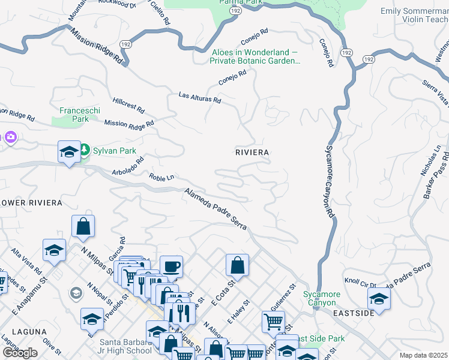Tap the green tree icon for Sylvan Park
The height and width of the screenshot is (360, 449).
pyautogui.click(x=85, y=149)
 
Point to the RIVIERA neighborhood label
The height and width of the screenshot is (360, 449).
pyautogui.click(x=252, y=152)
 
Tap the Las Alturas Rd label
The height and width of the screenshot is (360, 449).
pyautogui.click(x=200, y=97)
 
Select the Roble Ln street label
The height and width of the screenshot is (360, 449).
pyautogui.click(x=161, y=178)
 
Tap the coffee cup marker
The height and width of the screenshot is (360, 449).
pyautogui.click(x=171, y=266)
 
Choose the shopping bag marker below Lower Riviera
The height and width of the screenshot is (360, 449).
pyautogui.click(x=83, y=226)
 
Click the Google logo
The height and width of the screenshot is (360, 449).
pyautogui.click(x=20, y=352)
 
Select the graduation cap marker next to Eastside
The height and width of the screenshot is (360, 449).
pyautogui.click(x=379, y=298)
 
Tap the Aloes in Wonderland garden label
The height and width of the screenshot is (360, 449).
pyautogui.click(x=255, y=56)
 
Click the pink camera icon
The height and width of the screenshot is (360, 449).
pyautogui.click(x=10, y=138)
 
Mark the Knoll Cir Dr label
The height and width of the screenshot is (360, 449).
pyautogui.click(x=360, y=282)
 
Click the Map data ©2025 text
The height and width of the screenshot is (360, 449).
pyautogui.click(x=424, y=355)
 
